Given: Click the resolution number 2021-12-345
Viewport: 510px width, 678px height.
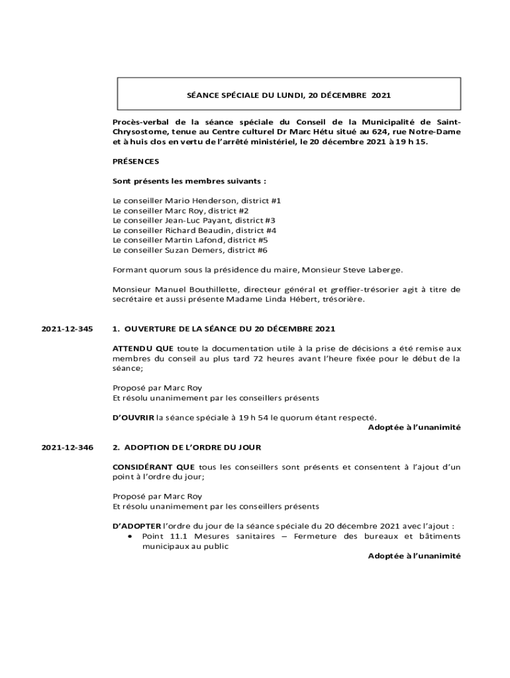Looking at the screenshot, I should coord(67,329).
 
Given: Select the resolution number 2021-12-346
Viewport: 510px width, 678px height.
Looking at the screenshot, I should coord(67,448).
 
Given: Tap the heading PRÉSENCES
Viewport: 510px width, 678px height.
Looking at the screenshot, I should coord(136,162).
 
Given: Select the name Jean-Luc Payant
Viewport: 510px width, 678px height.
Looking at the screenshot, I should coord(193,220).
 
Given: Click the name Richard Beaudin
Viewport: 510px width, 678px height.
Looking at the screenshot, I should coord(193,230).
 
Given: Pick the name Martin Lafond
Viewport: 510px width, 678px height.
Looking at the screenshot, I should coord(192,240).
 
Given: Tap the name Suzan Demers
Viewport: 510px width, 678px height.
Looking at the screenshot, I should coord(193,250).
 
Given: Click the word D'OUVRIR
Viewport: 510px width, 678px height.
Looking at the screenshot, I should coord(133,417).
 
